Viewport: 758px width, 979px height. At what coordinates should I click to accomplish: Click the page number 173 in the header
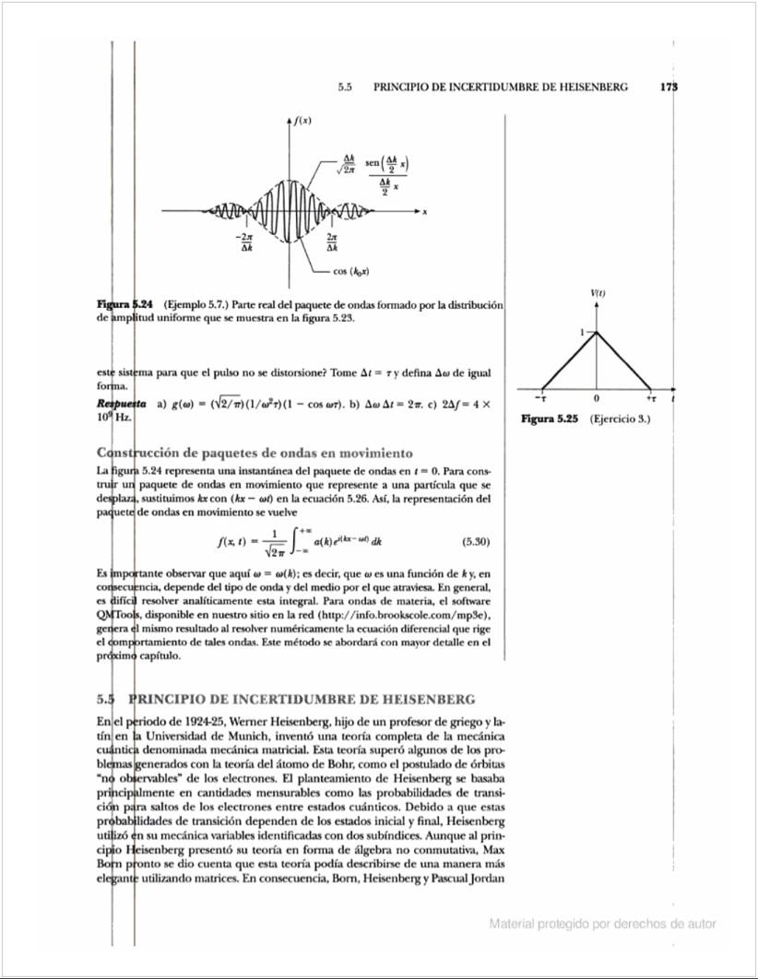(669, 88)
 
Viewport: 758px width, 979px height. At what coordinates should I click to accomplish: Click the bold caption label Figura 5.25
(550, 419)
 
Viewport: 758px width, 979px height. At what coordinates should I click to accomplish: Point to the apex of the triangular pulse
(597, 332)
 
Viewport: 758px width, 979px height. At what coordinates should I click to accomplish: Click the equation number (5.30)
(474, 542)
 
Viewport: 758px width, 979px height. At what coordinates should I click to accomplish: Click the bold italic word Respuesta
(122, 404)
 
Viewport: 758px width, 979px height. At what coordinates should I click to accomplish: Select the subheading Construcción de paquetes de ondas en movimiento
(254, 453)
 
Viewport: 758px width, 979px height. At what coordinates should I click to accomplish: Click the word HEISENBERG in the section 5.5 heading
(430, 697)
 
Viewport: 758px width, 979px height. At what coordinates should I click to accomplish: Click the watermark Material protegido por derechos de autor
(602, 924)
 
